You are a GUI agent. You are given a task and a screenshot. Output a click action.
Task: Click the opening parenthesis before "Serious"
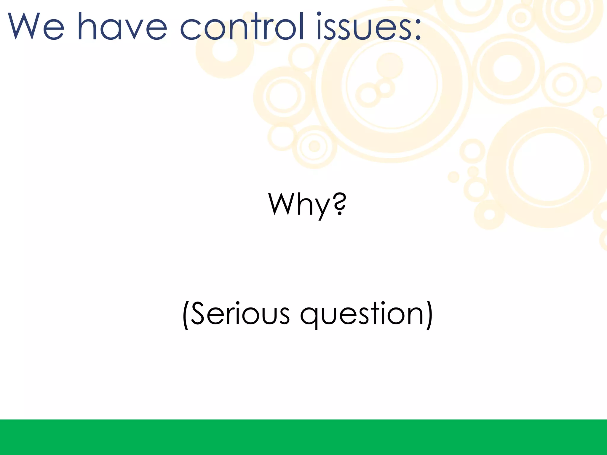tap(186, 315)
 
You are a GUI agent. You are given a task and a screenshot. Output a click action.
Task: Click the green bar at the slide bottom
tap(303, 437)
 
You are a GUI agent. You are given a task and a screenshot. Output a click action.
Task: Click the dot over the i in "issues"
tap(319, 14)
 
